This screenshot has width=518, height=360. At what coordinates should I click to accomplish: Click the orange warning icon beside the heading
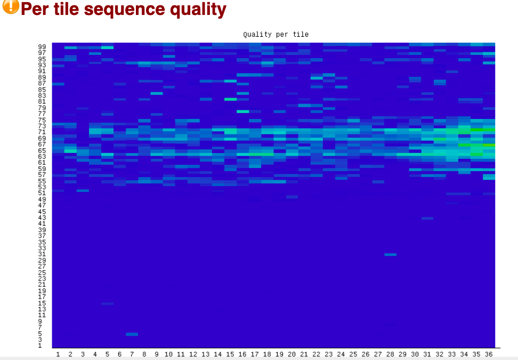tap(10, 6)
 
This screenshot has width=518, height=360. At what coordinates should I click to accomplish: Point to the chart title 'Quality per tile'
tap(276, 34)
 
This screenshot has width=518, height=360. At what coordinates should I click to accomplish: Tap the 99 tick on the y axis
tap(42, 47)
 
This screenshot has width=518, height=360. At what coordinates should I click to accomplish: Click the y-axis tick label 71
tap(42, 132)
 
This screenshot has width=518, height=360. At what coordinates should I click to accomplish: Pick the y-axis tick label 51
tap(42, 193)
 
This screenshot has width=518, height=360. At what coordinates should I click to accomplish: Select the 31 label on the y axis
tap(42, 254)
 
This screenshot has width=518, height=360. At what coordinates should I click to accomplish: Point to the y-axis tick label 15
tap(42, 303)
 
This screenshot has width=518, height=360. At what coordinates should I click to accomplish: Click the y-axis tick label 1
tap(40, 346)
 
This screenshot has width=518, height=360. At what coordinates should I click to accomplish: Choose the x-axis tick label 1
tap(58, 354)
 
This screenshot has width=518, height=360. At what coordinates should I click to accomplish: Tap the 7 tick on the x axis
tap(132, 354)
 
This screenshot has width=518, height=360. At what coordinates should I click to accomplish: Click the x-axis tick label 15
tap(230, 354)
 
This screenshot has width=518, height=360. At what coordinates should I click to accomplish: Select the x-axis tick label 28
tap(390, 354)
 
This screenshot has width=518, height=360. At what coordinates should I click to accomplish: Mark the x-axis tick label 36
tap(489, 354)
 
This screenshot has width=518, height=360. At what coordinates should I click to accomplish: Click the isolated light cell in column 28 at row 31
tap(390, 254)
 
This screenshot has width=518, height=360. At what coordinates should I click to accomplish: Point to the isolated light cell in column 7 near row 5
tap(132, 334)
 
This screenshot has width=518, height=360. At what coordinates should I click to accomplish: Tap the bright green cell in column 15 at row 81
tap(230, 99)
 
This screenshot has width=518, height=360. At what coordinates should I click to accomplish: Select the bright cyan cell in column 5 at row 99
tap(107, 47)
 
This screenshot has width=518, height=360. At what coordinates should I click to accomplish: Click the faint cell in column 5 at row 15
tap(107, 303)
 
